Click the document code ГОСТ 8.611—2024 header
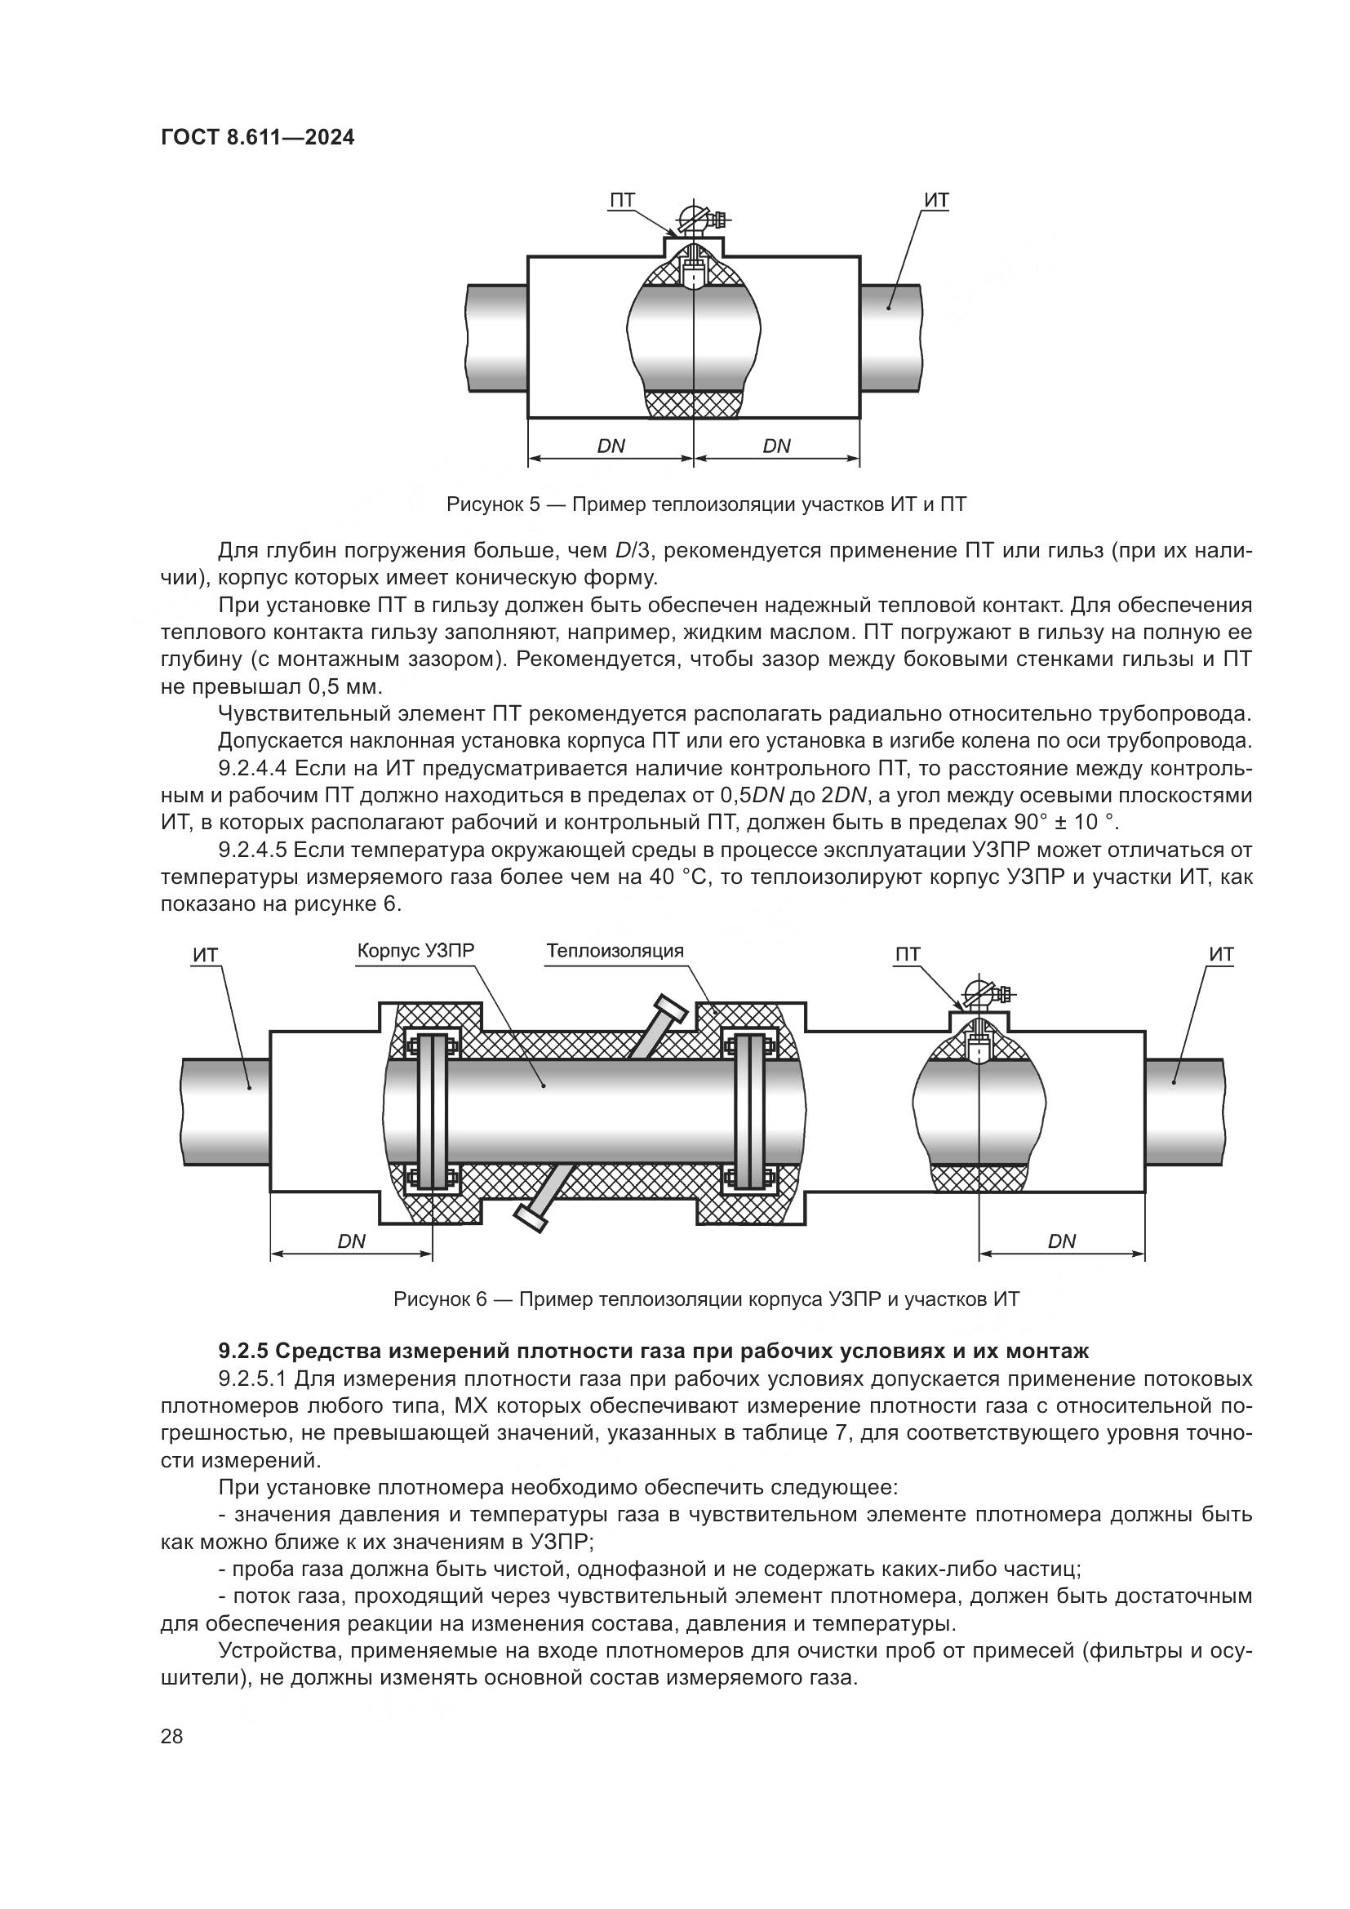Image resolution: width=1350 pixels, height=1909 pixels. (x=257, y=138)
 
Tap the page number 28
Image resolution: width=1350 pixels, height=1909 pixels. (x=171, y=1736)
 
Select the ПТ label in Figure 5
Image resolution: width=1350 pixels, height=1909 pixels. (x=622, y=201)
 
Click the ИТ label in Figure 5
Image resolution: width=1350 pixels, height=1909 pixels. (x=936, y=201)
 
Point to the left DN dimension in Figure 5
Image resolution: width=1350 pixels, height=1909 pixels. (x=611, y=446)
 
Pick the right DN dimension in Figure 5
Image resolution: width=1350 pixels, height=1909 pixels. (x=776, y=446)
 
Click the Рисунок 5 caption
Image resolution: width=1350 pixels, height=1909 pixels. (x=706, y=504)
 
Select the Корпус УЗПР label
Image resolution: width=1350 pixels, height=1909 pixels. (x=420, y=950)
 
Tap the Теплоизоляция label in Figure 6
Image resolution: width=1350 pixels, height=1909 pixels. (x=615, y=950)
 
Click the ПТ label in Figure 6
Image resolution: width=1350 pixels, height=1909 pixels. (x=907, y=955)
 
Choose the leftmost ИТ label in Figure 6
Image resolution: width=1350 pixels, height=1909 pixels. (x=205, y=955)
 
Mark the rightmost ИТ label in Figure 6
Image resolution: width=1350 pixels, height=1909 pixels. (x=1221, y=955)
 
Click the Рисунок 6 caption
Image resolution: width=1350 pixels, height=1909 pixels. (x=706, y=1299)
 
